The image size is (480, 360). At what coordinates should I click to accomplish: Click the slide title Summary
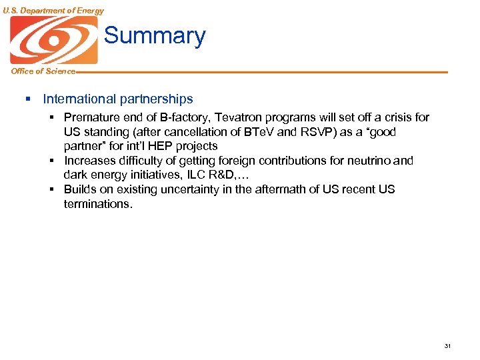[155, 35]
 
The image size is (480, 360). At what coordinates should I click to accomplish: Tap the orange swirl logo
[53, 39]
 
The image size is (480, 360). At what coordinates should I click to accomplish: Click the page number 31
[447, 345]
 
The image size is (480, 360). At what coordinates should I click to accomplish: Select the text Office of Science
[43, 71]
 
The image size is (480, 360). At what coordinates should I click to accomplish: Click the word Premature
[91, 117]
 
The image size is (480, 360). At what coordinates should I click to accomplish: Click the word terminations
[98, 204]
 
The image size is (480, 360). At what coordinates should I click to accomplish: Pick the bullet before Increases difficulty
[52, 161]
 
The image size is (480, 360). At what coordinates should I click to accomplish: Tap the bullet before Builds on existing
[52, 189]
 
